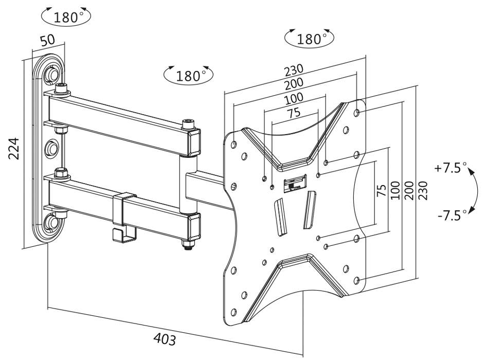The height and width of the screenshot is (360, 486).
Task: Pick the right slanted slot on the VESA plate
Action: [310, 208]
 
